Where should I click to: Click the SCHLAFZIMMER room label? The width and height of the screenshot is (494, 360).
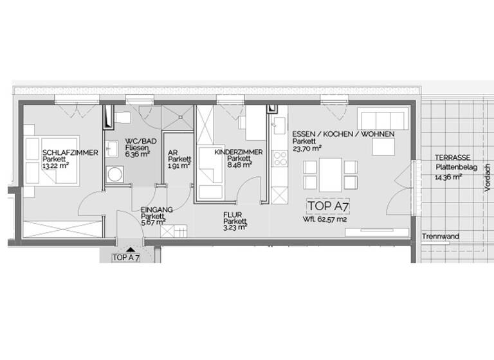[x=70, y=153]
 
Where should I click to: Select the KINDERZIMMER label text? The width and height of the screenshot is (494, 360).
[x=238, y=152]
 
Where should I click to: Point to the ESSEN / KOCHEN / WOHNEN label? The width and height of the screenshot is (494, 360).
[x=343, y=134]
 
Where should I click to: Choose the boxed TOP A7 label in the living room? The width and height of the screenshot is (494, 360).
[x=332, y=206]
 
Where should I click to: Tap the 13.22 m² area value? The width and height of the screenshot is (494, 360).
[x=56, y=166]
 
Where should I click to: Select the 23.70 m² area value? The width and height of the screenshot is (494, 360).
[x=307, y=147]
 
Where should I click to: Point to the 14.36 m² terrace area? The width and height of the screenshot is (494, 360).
[x=448, y=177]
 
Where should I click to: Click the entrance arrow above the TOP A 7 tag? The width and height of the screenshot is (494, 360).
[x=130, y=249]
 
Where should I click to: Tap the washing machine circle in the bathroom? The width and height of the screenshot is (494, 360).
[x=116, y=173]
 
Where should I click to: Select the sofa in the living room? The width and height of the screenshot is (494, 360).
[x=383, y=120]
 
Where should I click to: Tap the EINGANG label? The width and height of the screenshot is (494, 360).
[x=156, y=210]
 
